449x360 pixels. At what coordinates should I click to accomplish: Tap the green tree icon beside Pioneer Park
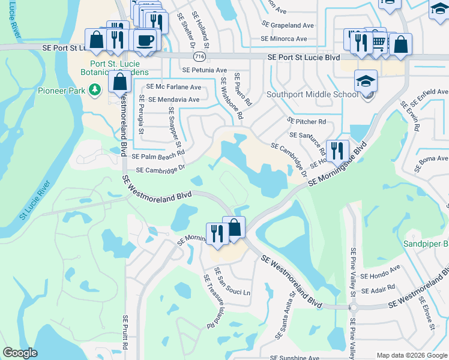click(x=94, y=90)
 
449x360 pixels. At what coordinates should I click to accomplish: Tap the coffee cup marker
click(x=145, y=41)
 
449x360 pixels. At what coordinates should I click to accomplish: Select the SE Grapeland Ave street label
click(x=288, y=25)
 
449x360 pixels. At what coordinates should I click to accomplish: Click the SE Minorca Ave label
click(x=283, y=38)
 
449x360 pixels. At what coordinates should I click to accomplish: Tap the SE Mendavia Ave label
click(x=173, y=100)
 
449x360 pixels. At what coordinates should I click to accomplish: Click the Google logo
click(x=20, y=353)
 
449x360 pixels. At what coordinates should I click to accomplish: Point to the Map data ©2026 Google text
click(x=411, y=355)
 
